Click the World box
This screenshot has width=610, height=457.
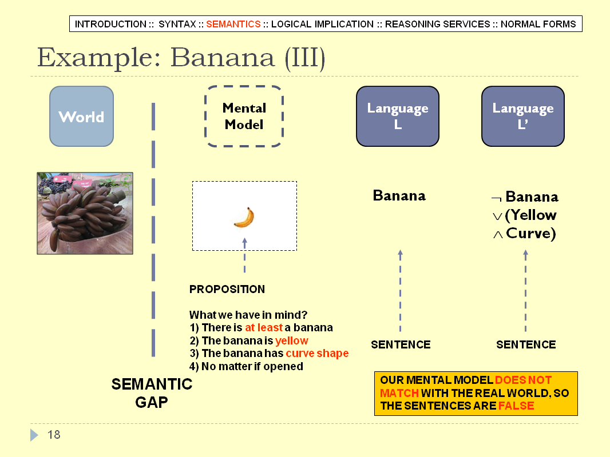click(x=82, y=117)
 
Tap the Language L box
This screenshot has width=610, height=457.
click(x=398, y=117)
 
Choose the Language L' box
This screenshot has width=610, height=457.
click(x=523, y=117)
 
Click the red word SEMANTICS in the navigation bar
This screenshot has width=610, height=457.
click(x=233, y=24)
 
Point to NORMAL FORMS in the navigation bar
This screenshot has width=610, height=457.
click(x=538, y=24)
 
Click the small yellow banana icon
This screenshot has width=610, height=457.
click(x=244, y=218)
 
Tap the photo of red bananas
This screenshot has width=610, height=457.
click(x=85, y=214)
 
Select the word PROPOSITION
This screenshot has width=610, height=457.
click(x=227, y=289)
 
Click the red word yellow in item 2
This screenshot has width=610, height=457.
click(x=292, y=341)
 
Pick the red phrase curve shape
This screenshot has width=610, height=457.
click(x=317, y=354)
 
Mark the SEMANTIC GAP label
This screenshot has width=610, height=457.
click(x=152, y=393)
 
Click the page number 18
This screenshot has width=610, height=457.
click(x=54, y=435)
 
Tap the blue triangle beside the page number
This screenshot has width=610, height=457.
click(x=34, y=435)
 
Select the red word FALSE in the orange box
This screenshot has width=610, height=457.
click(x=516, y=406)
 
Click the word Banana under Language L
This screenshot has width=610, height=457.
click(x=399, y=196)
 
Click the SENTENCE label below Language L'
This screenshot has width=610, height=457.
click(x=526, y=345)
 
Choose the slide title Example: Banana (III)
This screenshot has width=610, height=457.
click(x=181, y=58)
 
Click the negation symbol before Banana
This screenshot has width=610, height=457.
click(x=496, y=199)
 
